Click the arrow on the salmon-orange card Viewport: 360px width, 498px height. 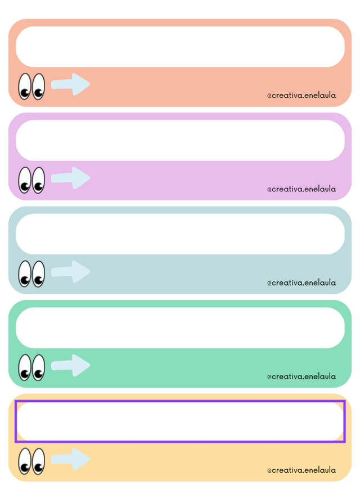click(x=71, y=84)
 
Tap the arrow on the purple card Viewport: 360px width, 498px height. click(x=71, y=178)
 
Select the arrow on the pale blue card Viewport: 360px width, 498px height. click(x=71, y=272)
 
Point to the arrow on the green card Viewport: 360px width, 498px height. click(x=71, y=365)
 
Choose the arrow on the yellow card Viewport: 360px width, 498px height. click(x=71, y=459)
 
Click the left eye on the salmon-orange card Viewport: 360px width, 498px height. click(x=25, y=87)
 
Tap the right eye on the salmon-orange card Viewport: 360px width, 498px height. click(x=38, y=87)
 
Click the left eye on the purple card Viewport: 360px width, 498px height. click(x=25, y=180)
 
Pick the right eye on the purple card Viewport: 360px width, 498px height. click(x=38, y=180)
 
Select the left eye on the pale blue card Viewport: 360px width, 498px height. click(x=25, y=274)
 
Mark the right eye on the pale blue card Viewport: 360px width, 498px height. click(x=38, y=274)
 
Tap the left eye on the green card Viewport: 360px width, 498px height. click(x=25, y=367)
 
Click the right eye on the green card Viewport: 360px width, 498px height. click(x=38, y=367)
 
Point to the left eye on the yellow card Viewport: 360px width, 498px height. click(x=25, y=461)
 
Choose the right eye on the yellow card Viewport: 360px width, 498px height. click(x=38, y=461)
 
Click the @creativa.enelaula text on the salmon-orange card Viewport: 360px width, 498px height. click(x=301, y=95)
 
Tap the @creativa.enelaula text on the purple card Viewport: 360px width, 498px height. click(x=301, y=189)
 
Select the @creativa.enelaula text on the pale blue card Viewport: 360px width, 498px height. click(x=301, y=282)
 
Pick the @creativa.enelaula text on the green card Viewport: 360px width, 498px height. click(x=301, y=376)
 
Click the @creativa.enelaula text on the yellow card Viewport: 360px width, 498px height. click(x=301, y=470)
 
